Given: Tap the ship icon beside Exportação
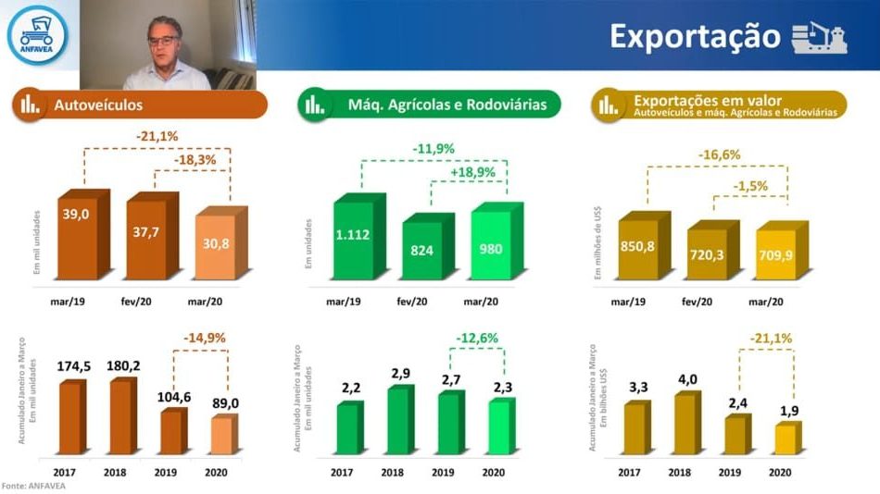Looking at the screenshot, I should pyautogui.click(x=819, y=37).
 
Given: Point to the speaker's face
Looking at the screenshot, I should pyautogui.click(x=168, y=41).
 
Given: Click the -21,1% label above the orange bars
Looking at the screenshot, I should pyautogui.click(x=157, y=137).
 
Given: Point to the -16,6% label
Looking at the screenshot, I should pyautogui.click(x=718, y=154).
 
